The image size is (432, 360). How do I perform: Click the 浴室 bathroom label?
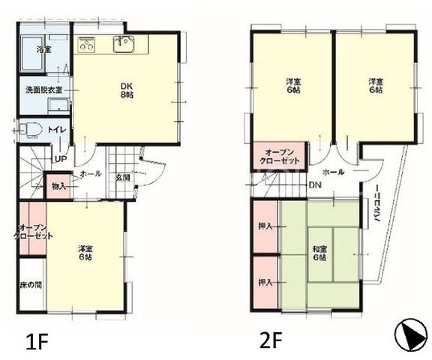(x=44, y=49)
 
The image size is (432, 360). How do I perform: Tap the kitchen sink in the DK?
(x=124, y=44)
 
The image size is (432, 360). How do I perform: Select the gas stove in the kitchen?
(x=86, y=44)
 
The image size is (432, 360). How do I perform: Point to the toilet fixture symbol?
(x=30, y=130)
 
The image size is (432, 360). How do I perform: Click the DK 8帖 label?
(x=127, y=90)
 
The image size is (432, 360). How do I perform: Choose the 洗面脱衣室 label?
(x=44, y=90)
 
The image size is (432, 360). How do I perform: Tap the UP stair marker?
(x=61, y=159)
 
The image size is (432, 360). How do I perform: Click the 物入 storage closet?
(x=58, y=185)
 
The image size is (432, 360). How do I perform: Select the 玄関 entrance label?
(x=122, y=178)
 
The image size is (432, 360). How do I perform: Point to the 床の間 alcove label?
(x=31, y=285)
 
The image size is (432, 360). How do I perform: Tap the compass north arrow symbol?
(x=412, y=334)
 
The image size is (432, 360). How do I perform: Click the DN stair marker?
(x=315, y=185)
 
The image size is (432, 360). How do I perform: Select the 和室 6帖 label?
(x=319, y=253)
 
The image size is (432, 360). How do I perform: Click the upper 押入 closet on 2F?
(x=265, y=226)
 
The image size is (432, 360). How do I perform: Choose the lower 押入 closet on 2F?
(x=265, y=283)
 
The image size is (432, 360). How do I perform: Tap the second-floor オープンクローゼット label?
(x=279, y=157)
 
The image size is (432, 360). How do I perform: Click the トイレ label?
(x=57, y=130)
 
